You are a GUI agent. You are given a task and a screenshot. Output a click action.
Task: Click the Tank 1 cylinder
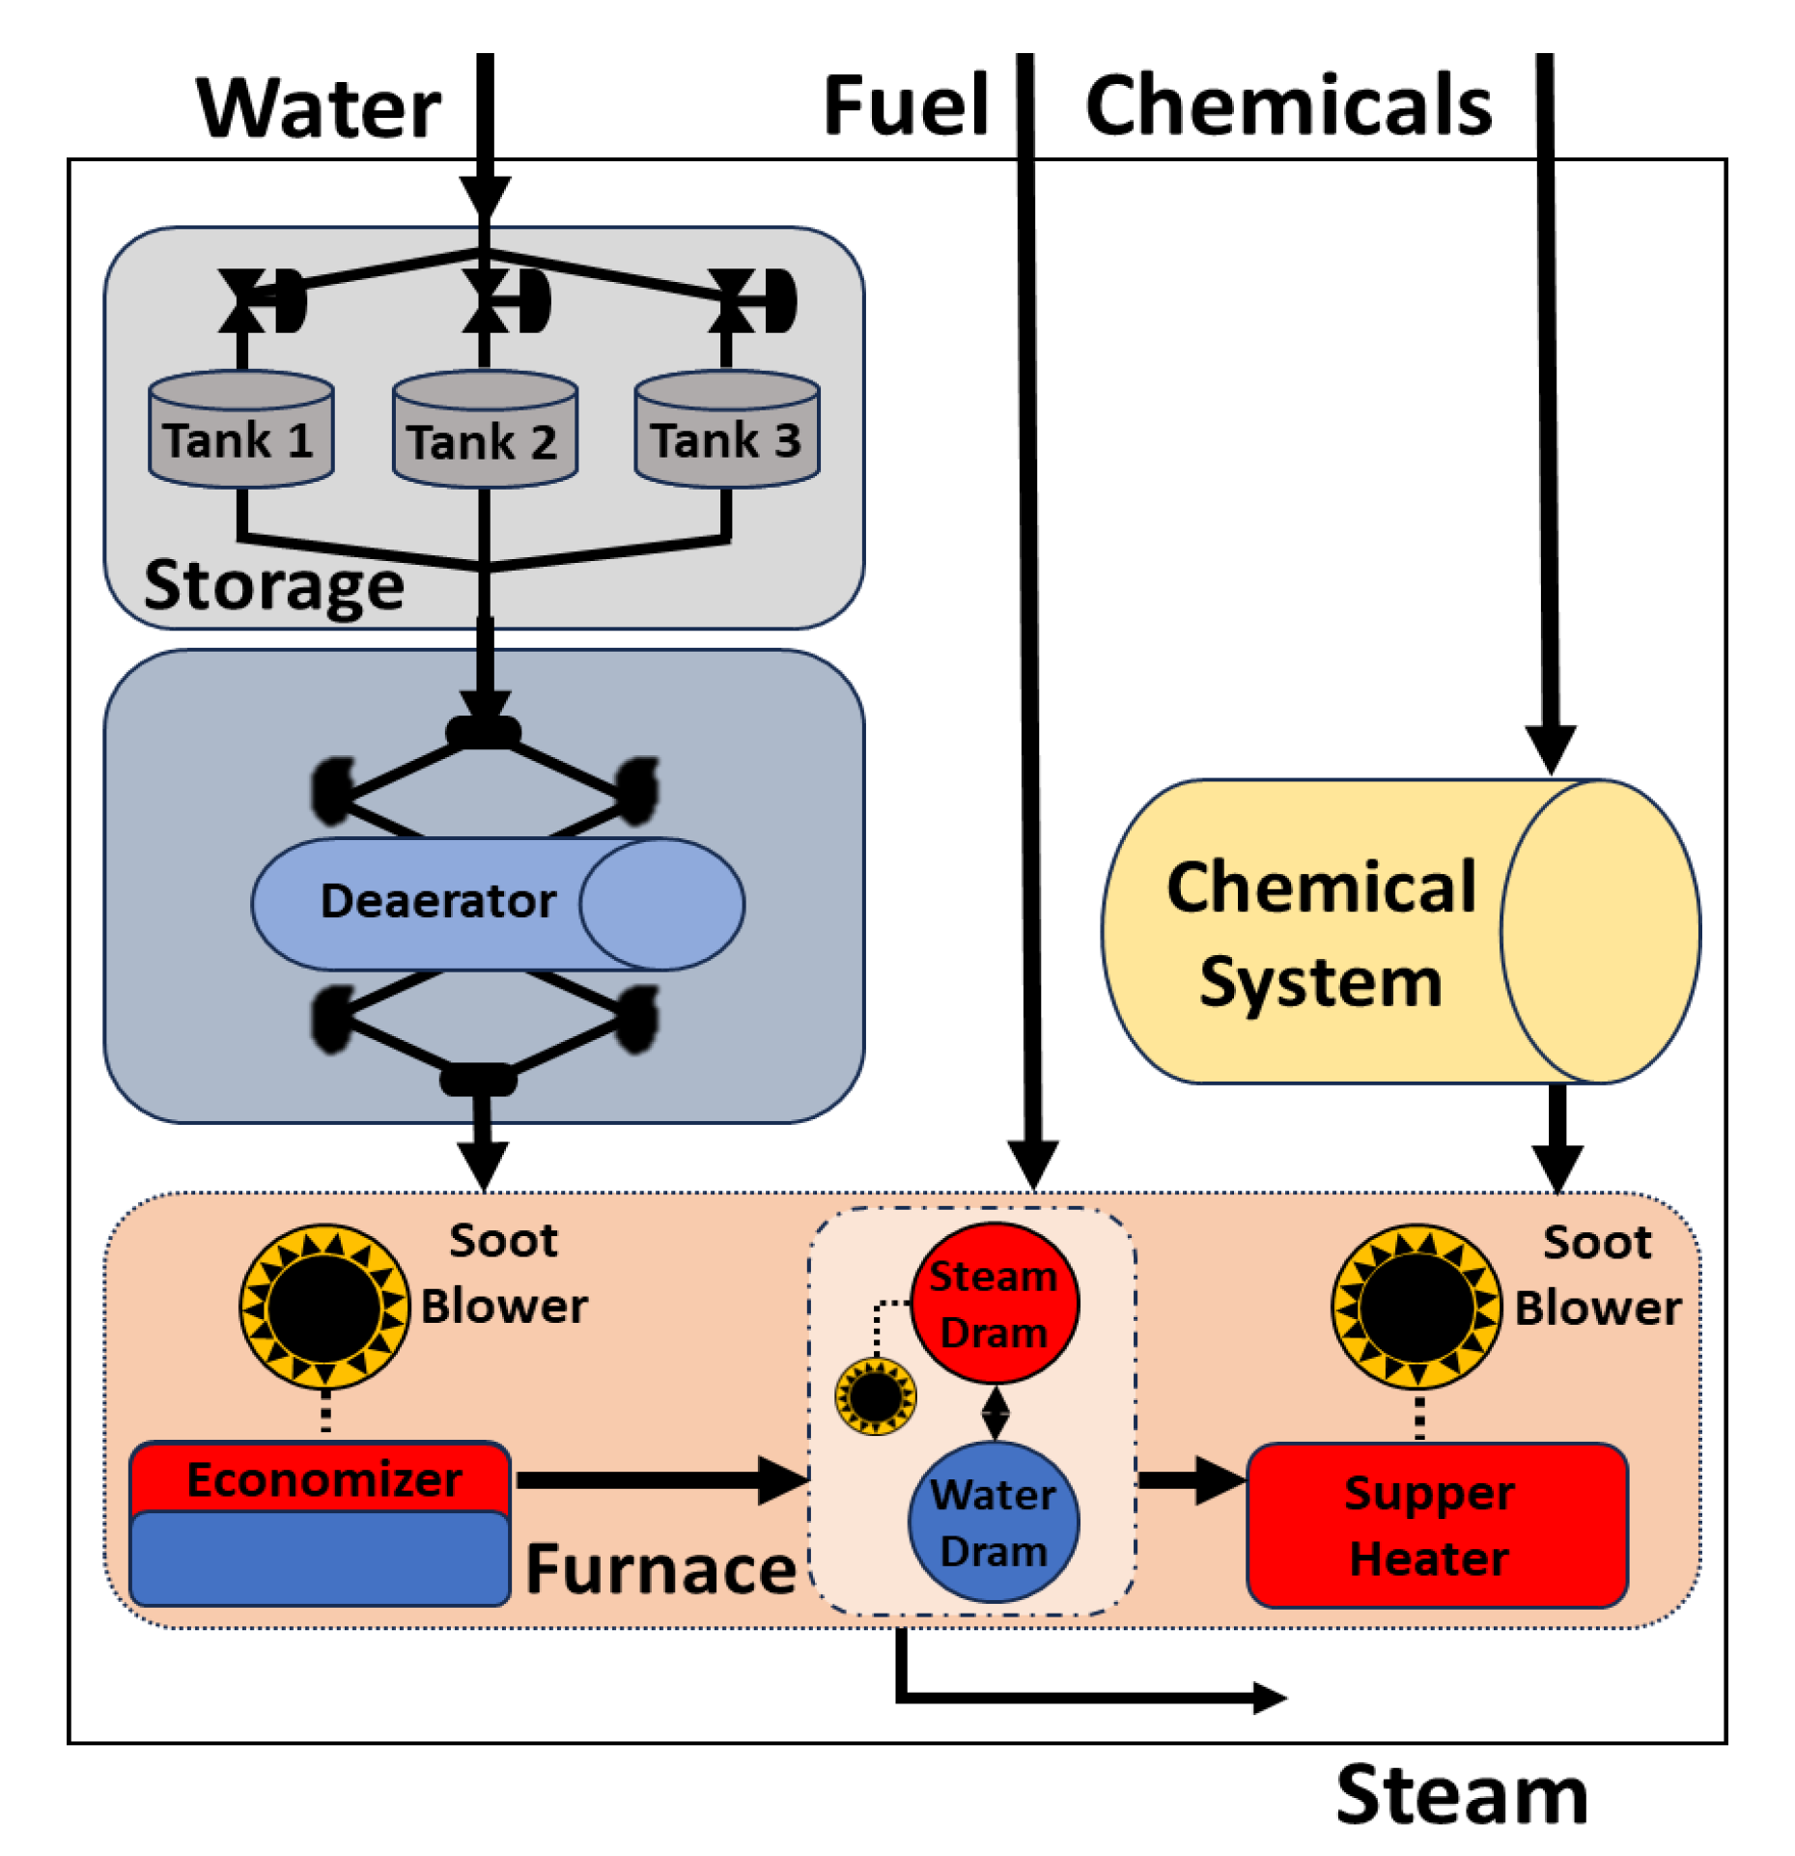pyautogui.click(x=241, y=429)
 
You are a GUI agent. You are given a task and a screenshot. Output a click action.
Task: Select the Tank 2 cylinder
pyautogui.click(x=485, y=429)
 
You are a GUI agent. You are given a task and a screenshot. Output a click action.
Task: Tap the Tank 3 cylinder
pyautogui.click(x=727, y=429)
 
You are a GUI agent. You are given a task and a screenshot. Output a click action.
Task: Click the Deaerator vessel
pyautogui.click(x=497, y=904)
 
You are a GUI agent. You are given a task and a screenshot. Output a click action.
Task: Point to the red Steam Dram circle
pyautogui.click(x=995, y=1304)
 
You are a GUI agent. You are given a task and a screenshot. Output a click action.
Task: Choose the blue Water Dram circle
pyautogui.click(x=995, y=1523)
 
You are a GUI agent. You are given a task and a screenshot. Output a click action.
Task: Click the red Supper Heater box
pyautogui.click(x=1437, y=1526)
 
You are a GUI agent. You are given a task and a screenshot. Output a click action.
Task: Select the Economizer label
pyautogui.click(x=324, y=1480)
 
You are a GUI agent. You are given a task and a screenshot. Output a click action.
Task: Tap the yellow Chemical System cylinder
pyautogui.click(x=1401, y=932)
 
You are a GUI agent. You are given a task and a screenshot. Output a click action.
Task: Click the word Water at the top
pyautogui.click(x=319, y=108)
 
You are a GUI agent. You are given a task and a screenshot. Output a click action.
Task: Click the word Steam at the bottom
pyautogui.click(x=1462, y=1794)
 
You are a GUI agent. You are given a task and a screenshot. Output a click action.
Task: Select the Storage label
pyautogui.click(x=274, y=585)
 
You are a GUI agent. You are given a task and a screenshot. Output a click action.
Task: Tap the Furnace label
pyautogui.click(x=660, y=1568)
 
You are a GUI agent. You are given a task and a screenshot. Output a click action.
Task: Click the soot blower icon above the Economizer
pyautogui.click(x=324, y=1308)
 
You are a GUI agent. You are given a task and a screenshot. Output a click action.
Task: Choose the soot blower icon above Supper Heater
pyautogui.click(x=1417, y=1308)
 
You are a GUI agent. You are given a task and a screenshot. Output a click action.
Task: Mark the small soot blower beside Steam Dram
pyautogui.click(x=876, y=1395)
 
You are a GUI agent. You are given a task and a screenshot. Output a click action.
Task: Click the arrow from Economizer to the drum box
pyautogui.click(x=662, y=1480)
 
